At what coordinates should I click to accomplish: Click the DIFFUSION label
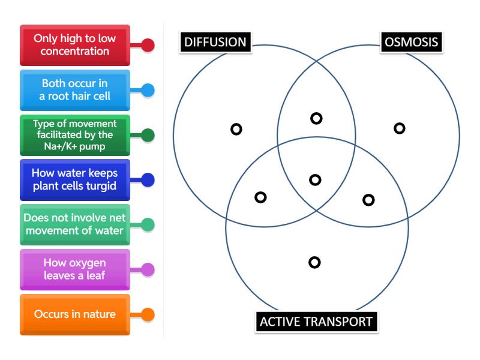pyautogui.click(x=215, y=42)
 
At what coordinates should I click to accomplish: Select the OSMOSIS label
pyautogui.click(x=412, y=42)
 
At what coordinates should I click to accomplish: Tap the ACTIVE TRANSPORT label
pyautogui.click(x=316, y=321)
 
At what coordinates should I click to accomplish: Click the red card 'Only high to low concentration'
pyautogui.click(x=75, y=45)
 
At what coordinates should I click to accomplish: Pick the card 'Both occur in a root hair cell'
pyautogui.click(x=75, y=90)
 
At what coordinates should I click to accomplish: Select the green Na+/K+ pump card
pyautogui.click(x=75, y=135)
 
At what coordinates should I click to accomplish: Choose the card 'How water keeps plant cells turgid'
pyautogui.click(x=75, y=179)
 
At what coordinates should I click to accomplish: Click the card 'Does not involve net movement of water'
pyautogui.click(x=75, y=224)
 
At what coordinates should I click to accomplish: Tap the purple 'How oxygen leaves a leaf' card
pyautogui.click(x=75, y=269)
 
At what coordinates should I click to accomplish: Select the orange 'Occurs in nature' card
pyautogui.click(x=75, y=314)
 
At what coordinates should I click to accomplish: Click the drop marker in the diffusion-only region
pyautogui.click(x=236, y=129)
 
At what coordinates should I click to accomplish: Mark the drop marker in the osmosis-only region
pyautogui.click(x=400, y=128)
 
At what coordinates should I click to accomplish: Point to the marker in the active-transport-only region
pyautogui.click(x=314, y=262)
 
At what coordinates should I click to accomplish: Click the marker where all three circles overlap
pyautogui.click(x=315, y=179)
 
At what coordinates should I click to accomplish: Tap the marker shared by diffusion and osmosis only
pyautogui.click(x=316, y=118)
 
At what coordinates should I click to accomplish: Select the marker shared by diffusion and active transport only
pyautogui.click(x=260, y=197)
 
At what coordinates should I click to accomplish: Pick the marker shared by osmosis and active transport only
pyautogui.click(x=368, y=200)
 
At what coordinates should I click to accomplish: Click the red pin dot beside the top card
pyautogui.click(x=148, y=45)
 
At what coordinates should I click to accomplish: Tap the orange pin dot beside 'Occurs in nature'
pyautogui.click(x=148, y=314)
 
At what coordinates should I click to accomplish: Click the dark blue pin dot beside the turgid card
pyautogui.click(x=148, y=179)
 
